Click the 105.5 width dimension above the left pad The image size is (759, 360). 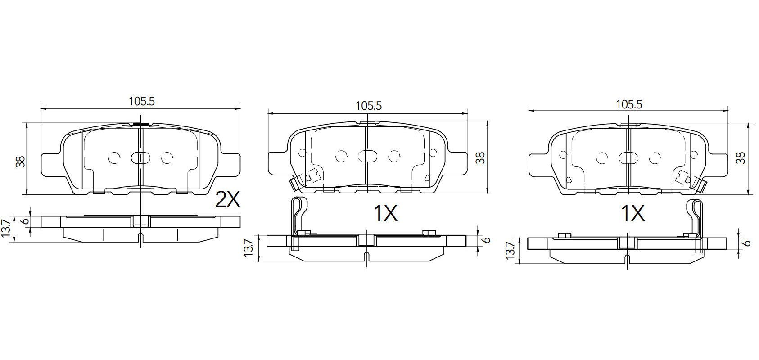142,101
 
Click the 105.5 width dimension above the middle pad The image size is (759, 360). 369,106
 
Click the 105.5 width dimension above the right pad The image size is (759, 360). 629,105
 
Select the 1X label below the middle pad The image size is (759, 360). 385,213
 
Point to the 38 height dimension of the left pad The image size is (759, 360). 20,162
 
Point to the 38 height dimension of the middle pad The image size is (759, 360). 480,158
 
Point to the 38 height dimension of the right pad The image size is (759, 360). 741,158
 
